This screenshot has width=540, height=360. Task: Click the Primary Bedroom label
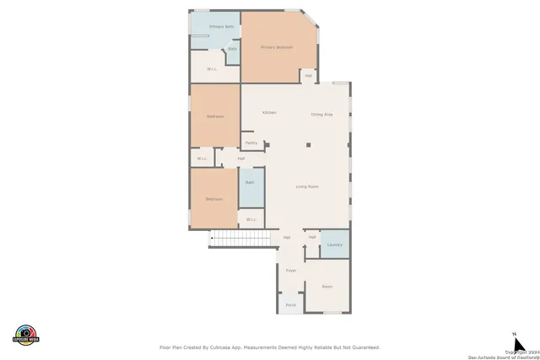(x=276, y=47)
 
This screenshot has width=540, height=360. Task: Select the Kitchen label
(x=269, y=113)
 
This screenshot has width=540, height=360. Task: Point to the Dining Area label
(x=321, y=114)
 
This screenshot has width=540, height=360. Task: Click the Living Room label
(x=306, y=186)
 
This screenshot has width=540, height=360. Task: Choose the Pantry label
(x=251, y=143)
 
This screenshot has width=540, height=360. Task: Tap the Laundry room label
(x=334, y=244)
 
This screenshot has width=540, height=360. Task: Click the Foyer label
(x=290, y=271)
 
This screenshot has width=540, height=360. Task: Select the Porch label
(x=290, y=304)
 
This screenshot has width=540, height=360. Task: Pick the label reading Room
(x=327, y=287)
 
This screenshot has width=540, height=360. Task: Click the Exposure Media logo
(x=26, y=335)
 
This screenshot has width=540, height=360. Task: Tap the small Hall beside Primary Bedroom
(x=308, y=76)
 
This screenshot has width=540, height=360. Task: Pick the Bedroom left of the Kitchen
(x=214, y=116)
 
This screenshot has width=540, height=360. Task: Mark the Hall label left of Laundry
(x=311, y=237)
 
